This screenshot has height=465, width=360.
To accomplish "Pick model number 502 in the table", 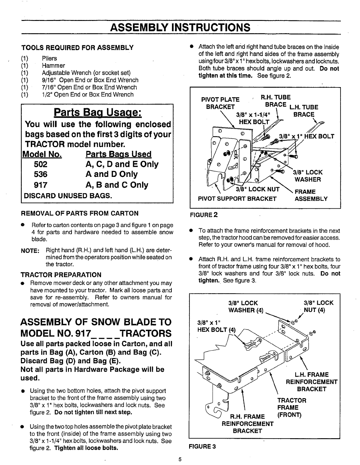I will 41,164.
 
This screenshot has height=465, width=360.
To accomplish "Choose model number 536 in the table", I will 41,174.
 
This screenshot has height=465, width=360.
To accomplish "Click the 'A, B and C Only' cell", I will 117,185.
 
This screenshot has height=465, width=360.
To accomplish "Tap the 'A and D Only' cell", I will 111,174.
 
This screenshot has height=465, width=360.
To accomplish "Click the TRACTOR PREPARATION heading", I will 61,275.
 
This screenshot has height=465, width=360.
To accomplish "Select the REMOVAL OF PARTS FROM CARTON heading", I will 79,213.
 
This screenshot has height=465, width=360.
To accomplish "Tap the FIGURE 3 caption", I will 203,446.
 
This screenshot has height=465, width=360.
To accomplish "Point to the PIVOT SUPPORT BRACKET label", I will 237,199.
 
